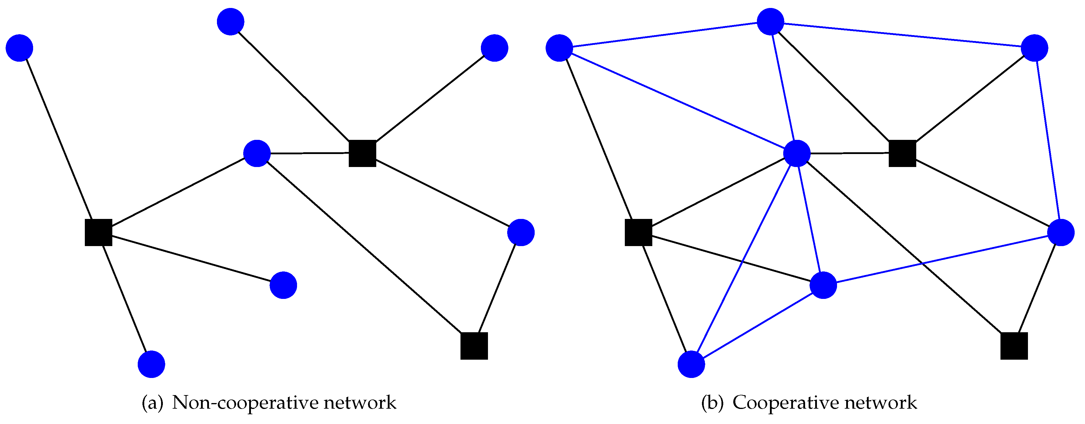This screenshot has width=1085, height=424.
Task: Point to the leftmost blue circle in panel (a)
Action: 20,48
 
